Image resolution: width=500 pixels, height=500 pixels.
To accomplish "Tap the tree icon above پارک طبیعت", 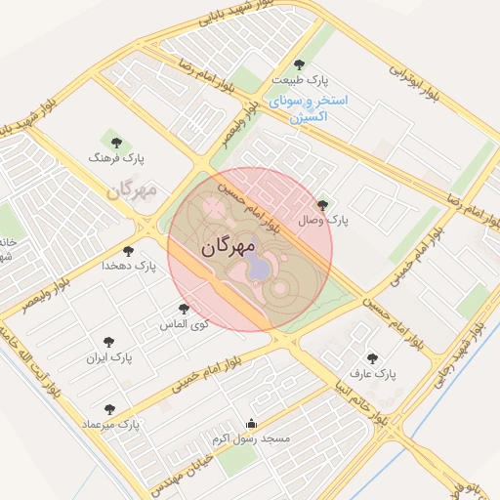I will [x=300, y=64].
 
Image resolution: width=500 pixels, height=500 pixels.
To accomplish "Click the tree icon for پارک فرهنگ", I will [x=117, y=143].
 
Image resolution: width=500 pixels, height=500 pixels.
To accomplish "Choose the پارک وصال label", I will [x=323, y=221].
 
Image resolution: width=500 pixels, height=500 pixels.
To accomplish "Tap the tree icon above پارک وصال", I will [x=322, y=205].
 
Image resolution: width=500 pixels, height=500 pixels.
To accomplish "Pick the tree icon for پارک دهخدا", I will [x=129, y=251].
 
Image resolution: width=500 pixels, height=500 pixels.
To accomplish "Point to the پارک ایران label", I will [x=109, y=357].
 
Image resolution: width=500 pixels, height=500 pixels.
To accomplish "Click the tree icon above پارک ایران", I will [x=108, y=342].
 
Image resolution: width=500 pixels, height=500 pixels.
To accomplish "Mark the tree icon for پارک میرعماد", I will [x=108, y=409].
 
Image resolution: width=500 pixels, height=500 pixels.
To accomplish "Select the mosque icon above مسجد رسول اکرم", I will [x=252, y=424].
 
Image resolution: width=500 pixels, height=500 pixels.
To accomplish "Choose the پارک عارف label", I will [x=372, y=374].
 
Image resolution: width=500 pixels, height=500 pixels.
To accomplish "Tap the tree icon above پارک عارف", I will [x=371, y=358].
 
